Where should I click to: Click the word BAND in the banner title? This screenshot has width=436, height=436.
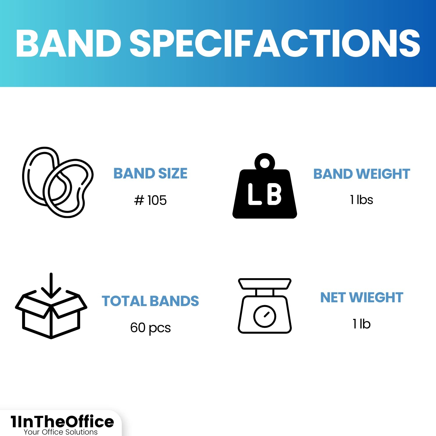click(69, 43)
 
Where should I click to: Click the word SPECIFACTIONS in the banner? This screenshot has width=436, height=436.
click(275, 43)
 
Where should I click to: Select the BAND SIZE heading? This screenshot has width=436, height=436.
click(150, 174)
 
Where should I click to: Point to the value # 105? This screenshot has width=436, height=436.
click(150, 200)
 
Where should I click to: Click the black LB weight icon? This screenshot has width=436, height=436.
click(265, 186)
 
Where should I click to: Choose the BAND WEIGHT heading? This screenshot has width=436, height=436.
click(362, 174)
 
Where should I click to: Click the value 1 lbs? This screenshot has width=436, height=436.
click(362, 200)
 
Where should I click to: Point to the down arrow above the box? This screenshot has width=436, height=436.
click(51, 286)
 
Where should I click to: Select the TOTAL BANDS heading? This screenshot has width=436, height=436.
click(150, 301)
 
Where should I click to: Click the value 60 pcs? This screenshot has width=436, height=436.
click(150, 328)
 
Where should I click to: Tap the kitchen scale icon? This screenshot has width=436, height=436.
click(265, 306)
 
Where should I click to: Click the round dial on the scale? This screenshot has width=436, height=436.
click(265, 316)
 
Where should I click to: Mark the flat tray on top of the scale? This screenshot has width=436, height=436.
click(265, 284)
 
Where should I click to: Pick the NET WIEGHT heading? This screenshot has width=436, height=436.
click(362, 298)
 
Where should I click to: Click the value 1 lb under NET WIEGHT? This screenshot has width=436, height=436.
click(362, 324)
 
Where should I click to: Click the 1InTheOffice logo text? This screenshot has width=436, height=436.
click(62, 421)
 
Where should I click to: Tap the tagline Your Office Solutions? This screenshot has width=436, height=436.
click(61, 432)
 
